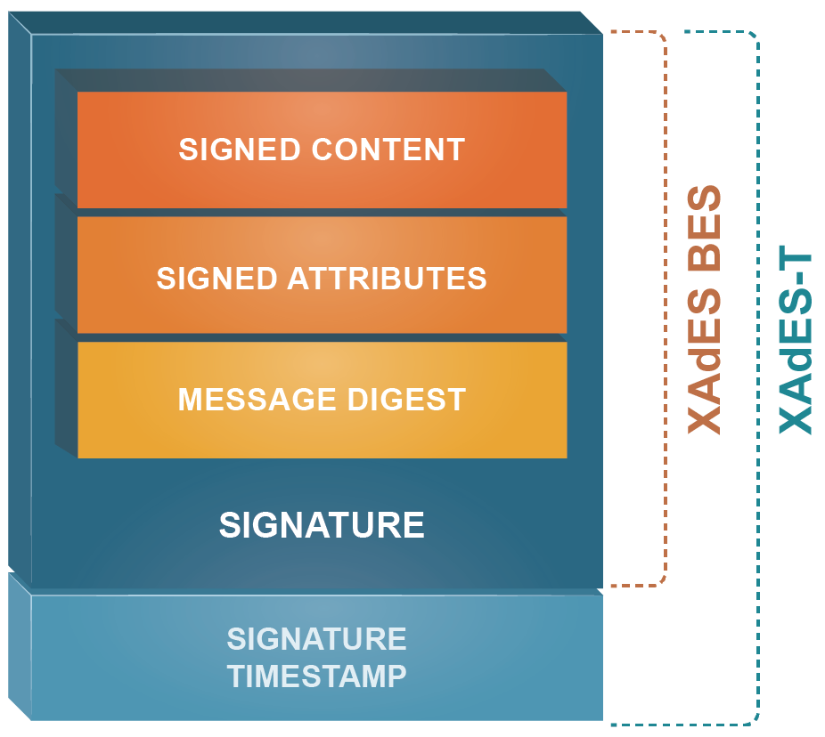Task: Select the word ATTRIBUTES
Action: point(387,279)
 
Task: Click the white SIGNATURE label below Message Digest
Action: point(322,525)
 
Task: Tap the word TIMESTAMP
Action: point(317,676)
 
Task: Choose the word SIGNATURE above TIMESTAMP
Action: point(317,639)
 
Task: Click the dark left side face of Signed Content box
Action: point(66,134)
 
